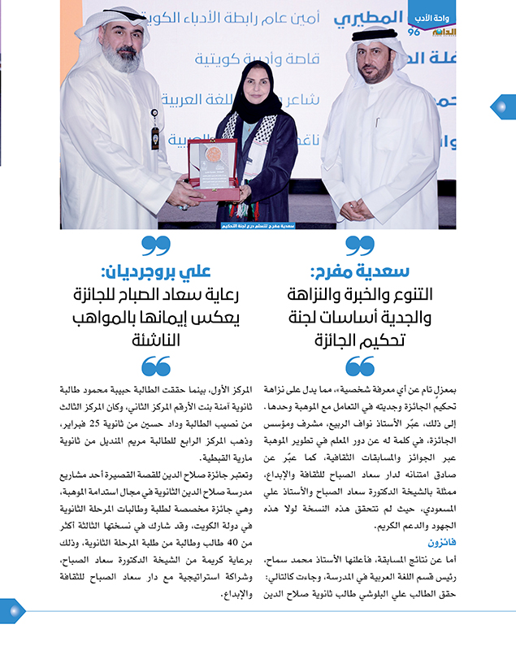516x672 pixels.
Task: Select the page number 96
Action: click(x=414, y=32)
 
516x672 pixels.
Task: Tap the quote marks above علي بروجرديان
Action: click(x=155, y=245)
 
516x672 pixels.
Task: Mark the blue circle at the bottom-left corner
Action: click(x=11, y=611)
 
